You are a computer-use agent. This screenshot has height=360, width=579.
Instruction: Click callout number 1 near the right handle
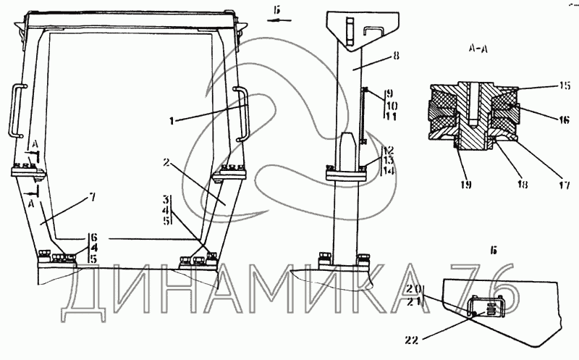[172, 121]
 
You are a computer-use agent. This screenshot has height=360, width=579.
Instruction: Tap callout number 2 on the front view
[167, 162]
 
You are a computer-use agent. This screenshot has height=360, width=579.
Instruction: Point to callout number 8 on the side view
[396, 56]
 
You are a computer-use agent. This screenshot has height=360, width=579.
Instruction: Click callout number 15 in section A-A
[565, 85]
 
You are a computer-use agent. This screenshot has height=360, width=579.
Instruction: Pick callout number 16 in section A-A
[565, 120]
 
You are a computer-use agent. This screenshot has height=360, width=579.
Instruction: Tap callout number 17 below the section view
[565, 185]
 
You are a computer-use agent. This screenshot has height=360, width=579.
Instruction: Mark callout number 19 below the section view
[466, 185]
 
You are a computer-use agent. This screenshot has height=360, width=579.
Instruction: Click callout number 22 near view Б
[412, 340]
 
